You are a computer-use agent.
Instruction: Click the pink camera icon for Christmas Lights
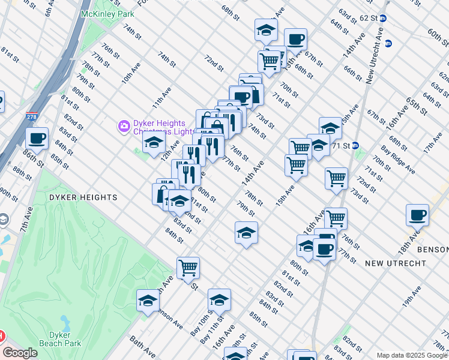coord(124,127)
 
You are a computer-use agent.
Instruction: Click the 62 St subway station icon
coord(383,19)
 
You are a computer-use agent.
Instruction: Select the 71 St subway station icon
coord(355,145)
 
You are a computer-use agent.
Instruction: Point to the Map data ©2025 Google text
coord(411,355)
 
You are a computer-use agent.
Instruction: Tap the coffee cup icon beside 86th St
coord(37,138)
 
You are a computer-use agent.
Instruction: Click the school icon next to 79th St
coord(246,233)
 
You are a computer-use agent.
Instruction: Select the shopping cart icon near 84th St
coord(188,268)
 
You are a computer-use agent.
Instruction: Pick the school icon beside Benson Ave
coord(148,301)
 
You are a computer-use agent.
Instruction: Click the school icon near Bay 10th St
coord(219,299)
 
